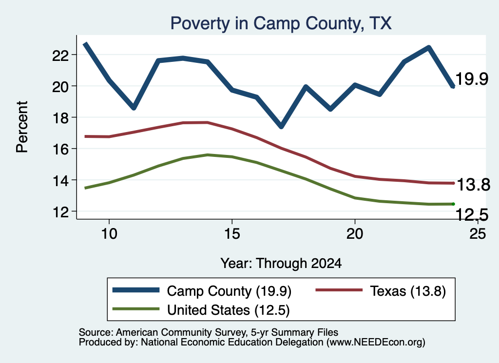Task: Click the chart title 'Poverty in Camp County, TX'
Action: click(x=281, y=23)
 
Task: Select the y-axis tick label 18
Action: click(x=60, y=118)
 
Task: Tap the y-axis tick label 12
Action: click(x=60, y=212)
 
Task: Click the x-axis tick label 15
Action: click(x=232, y=234)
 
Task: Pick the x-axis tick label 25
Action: click(x=478, y=234)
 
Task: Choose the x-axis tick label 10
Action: click(x=109, y=234)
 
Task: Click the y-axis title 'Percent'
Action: click(x=22, y=127)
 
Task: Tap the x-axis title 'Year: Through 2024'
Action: click(x=281, y=264)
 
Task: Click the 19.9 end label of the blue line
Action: click(x=472, y=79)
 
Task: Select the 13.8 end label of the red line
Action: click(x=474, y=185)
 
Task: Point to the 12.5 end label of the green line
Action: click(x=472, y=215)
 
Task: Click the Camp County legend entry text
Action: click(x=229, y=291)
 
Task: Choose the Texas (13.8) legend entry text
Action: click(x=408, y=291)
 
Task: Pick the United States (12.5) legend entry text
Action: click(x=229, y=310)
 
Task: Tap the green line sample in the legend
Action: click(x=136, y=309)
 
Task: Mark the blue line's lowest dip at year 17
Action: click(x=281, y=126)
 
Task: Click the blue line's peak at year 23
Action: click(x=429, y=48)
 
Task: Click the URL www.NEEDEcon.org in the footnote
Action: click(x=376, y=343)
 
